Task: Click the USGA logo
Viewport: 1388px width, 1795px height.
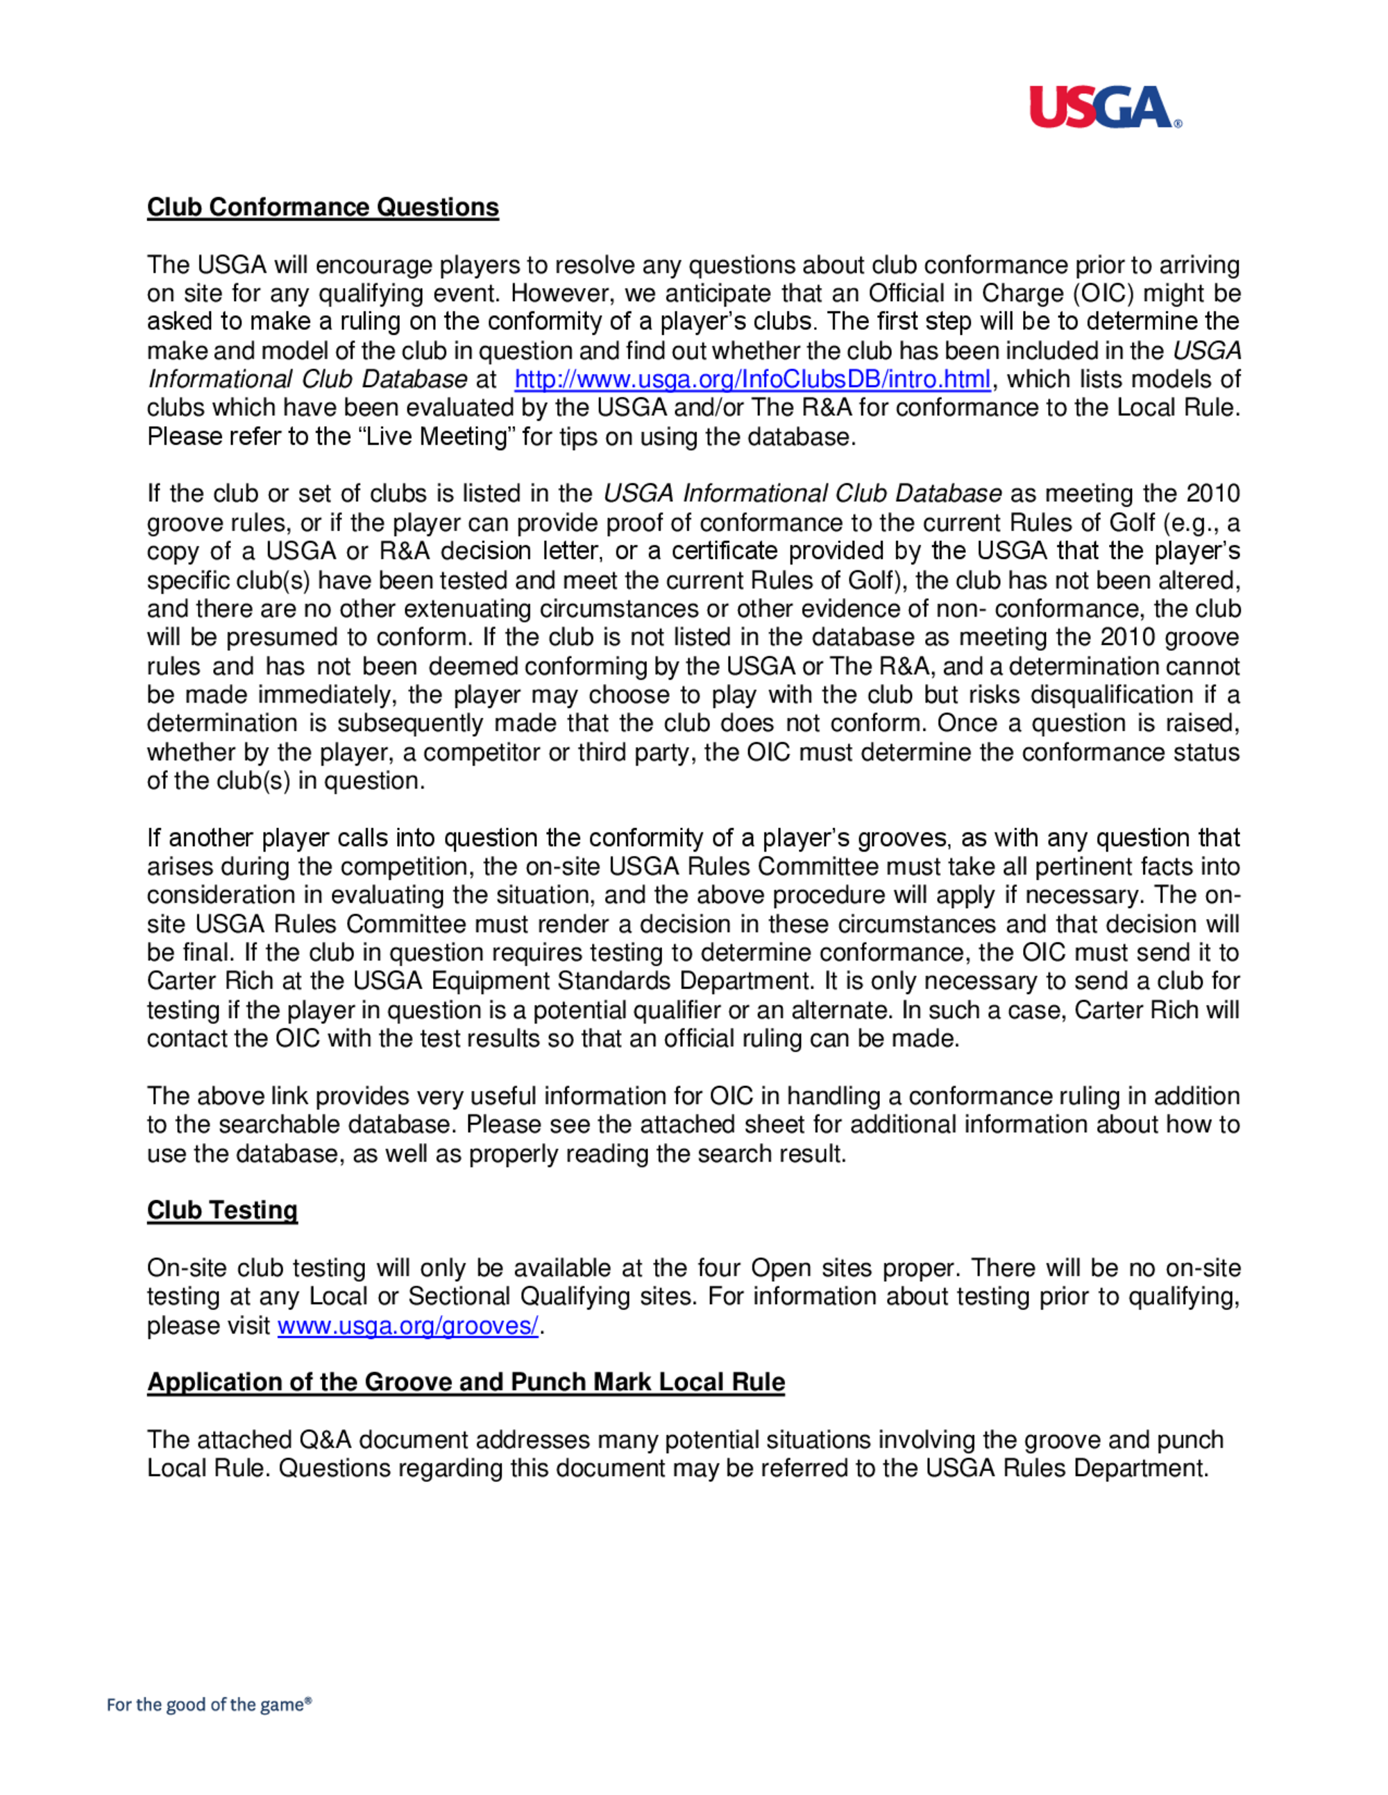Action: click(1104, 108)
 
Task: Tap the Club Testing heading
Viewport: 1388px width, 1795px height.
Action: click(222, 1210)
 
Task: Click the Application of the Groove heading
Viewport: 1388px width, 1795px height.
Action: click(466, 1382)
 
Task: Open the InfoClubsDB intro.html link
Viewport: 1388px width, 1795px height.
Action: click(752, 379)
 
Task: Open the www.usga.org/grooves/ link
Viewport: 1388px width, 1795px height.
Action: click(408, 1325)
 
